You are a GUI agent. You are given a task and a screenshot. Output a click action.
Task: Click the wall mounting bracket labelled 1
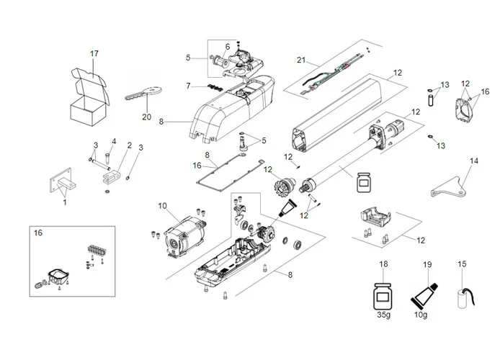[x=61, y=178]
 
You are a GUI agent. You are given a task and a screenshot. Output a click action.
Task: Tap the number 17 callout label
[x=94, y=53]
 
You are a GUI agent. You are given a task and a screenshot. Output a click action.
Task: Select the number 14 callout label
[x=473, y=161]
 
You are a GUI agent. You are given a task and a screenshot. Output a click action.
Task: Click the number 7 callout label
[x=188, y=86]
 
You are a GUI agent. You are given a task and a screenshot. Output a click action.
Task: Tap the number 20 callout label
[x=147, y=117]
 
